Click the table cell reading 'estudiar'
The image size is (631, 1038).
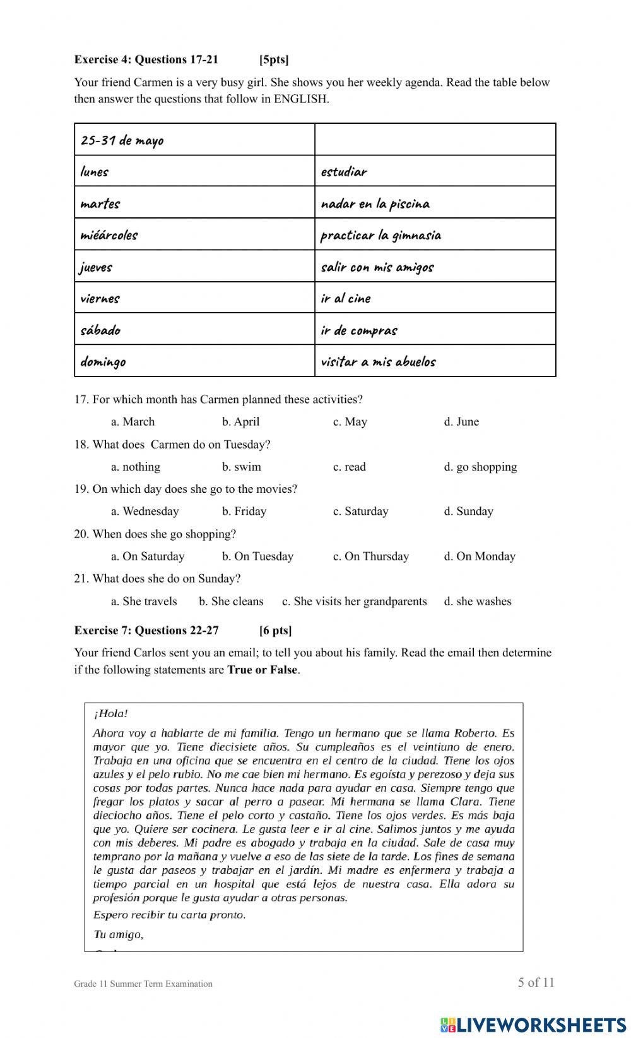pos(344,171)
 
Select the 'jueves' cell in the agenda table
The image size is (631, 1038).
pos(96,267)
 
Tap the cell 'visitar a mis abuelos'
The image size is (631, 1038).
pos(378,361)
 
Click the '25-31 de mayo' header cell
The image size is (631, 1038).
pos(122,140)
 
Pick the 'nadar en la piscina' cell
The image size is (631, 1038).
pos(375,203)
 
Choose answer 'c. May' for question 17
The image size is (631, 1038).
pos(350,421)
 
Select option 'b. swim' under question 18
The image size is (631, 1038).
pos(241,467)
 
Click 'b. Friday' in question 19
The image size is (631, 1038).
pos(244,511)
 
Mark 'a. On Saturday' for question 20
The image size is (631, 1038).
pos(148,557)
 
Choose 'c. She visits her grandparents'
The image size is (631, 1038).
pos(355,601)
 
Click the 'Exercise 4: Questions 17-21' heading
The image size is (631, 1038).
pos(146,59)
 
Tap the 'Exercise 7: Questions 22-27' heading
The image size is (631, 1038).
pos(146,630)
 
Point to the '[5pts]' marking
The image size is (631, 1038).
pos(274,59)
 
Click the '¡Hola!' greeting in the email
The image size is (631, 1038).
pos(110,714)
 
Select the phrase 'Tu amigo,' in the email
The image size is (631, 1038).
pos(118,934)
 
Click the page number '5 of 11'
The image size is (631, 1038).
pos(536,982)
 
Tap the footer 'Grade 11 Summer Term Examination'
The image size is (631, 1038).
pos(143,984)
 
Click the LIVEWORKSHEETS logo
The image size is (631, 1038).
pos(533,1024)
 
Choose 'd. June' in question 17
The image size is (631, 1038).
pos(461,421)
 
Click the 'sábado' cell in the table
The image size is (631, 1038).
pos(100,330)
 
